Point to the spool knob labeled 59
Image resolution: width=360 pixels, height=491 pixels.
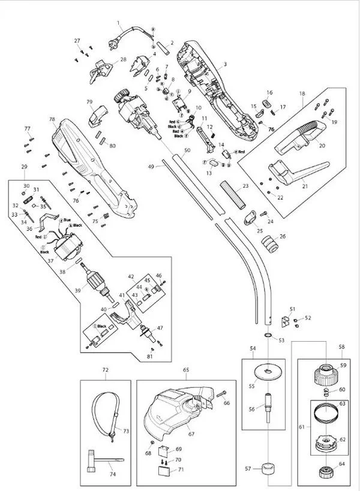325,376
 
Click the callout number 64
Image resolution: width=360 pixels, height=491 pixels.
343,464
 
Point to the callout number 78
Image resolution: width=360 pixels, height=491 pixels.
52,119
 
